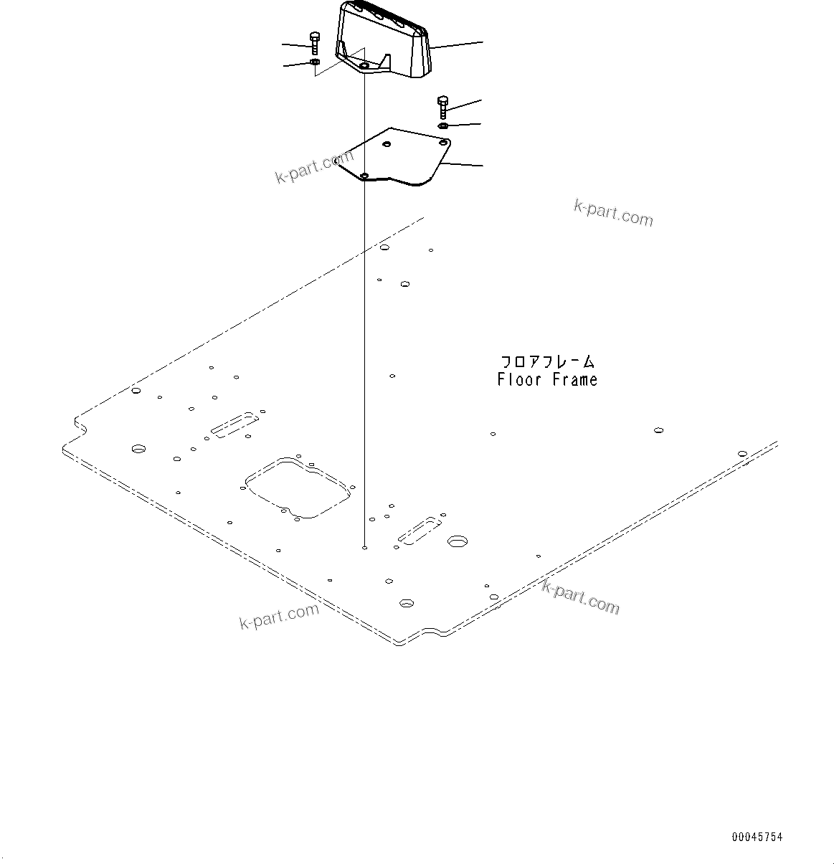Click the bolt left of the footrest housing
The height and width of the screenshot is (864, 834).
[314, 42]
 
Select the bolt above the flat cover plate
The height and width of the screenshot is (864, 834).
[442, 106]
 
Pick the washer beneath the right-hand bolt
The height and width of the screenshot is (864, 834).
[443, 126]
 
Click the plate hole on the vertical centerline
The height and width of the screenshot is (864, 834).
[364, 176]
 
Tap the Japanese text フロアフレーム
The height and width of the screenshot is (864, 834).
[547, 362]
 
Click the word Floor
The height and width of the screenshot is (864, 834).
[519, 380]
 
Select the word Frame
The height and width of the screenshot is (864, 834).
[574, 380]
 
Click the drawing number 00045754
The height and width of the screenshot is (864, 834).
[757, 837]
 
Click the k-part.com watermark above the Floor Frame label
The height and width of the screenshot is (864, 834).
[613, 212]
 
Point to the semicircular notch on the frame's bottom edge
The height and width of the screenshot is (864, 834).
[437, 632]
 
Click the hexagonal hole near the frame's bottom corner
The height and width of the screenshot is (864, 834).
[406, 603]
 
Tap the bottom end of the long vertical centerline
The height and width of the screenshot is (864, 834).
[365, 548]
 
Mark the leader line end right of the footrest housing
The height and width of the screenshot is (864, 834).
[482, 42]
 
